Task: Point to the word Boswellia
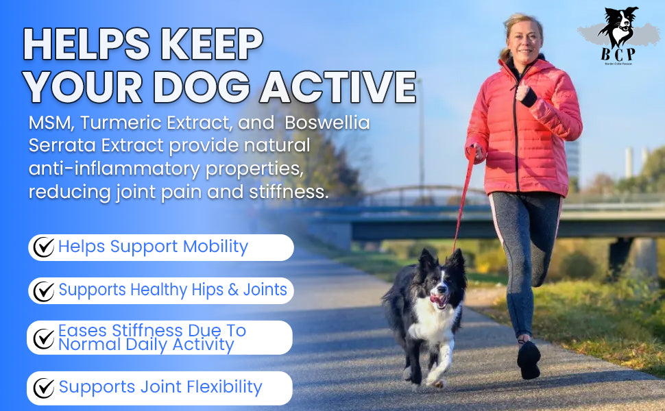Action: (x=327, y=124)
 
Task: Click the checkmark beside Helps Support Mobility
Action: (x=43, y=247)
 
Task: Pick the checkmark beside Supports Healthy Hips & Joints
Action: (x=43, y=291)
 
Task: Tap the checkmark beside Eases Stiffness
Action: (x=43, y=338)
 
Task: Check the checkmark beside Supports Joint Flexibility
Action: (x=43, y=388)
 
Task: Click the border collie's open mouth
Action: (x=438, y=300)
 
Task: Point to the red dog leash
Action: (x=463, y=199)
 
